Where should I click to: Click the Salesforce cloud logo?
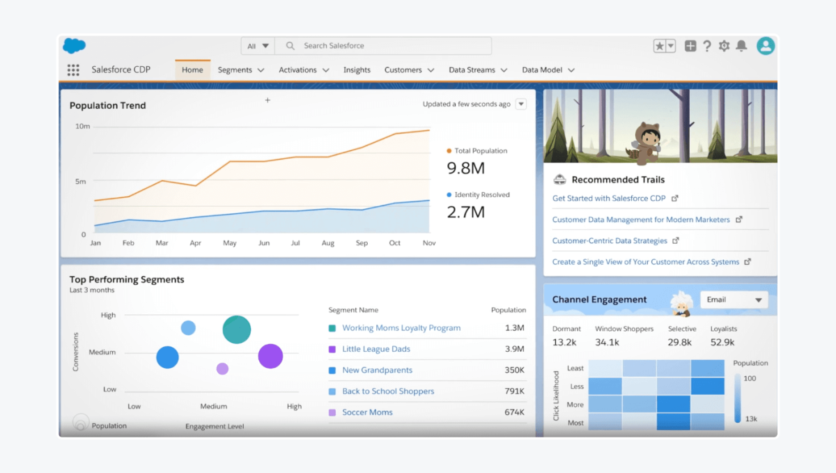tap(74, 46)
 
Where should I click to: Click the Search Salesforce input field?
tap(383, 46)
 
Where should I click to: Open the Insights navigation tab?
tap(357, 70)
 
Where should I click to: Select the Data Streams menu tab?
tap(472, 70)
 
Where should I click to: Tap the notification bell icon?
tap(741, 46)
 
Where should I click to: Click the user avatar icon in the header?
tap(766, 46)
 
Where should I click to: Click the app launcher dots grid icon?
tap(73, 70)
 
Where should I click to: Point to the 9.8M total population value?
tap(465, 168)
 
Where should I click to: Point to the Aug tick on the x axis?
tap(329, 243)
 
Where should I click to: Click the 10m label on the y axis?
tap(82, 126)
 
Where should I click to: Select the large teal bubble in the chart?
tap(237, 329)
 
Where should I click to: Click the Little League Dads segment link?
tap(376, 349)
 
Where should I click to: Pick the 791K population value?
tap(514, 391)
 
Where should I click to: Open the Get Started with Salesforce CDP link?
tap(610, 199)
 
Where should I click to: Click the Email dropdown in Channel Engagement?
tap(734, 300)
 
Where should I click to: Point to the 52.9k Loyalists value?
tap(722, 342)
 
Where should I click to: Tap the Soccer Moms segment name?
tap(367, 412)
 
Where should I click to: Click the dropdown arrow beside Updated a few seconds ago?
tap(521, 104)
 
